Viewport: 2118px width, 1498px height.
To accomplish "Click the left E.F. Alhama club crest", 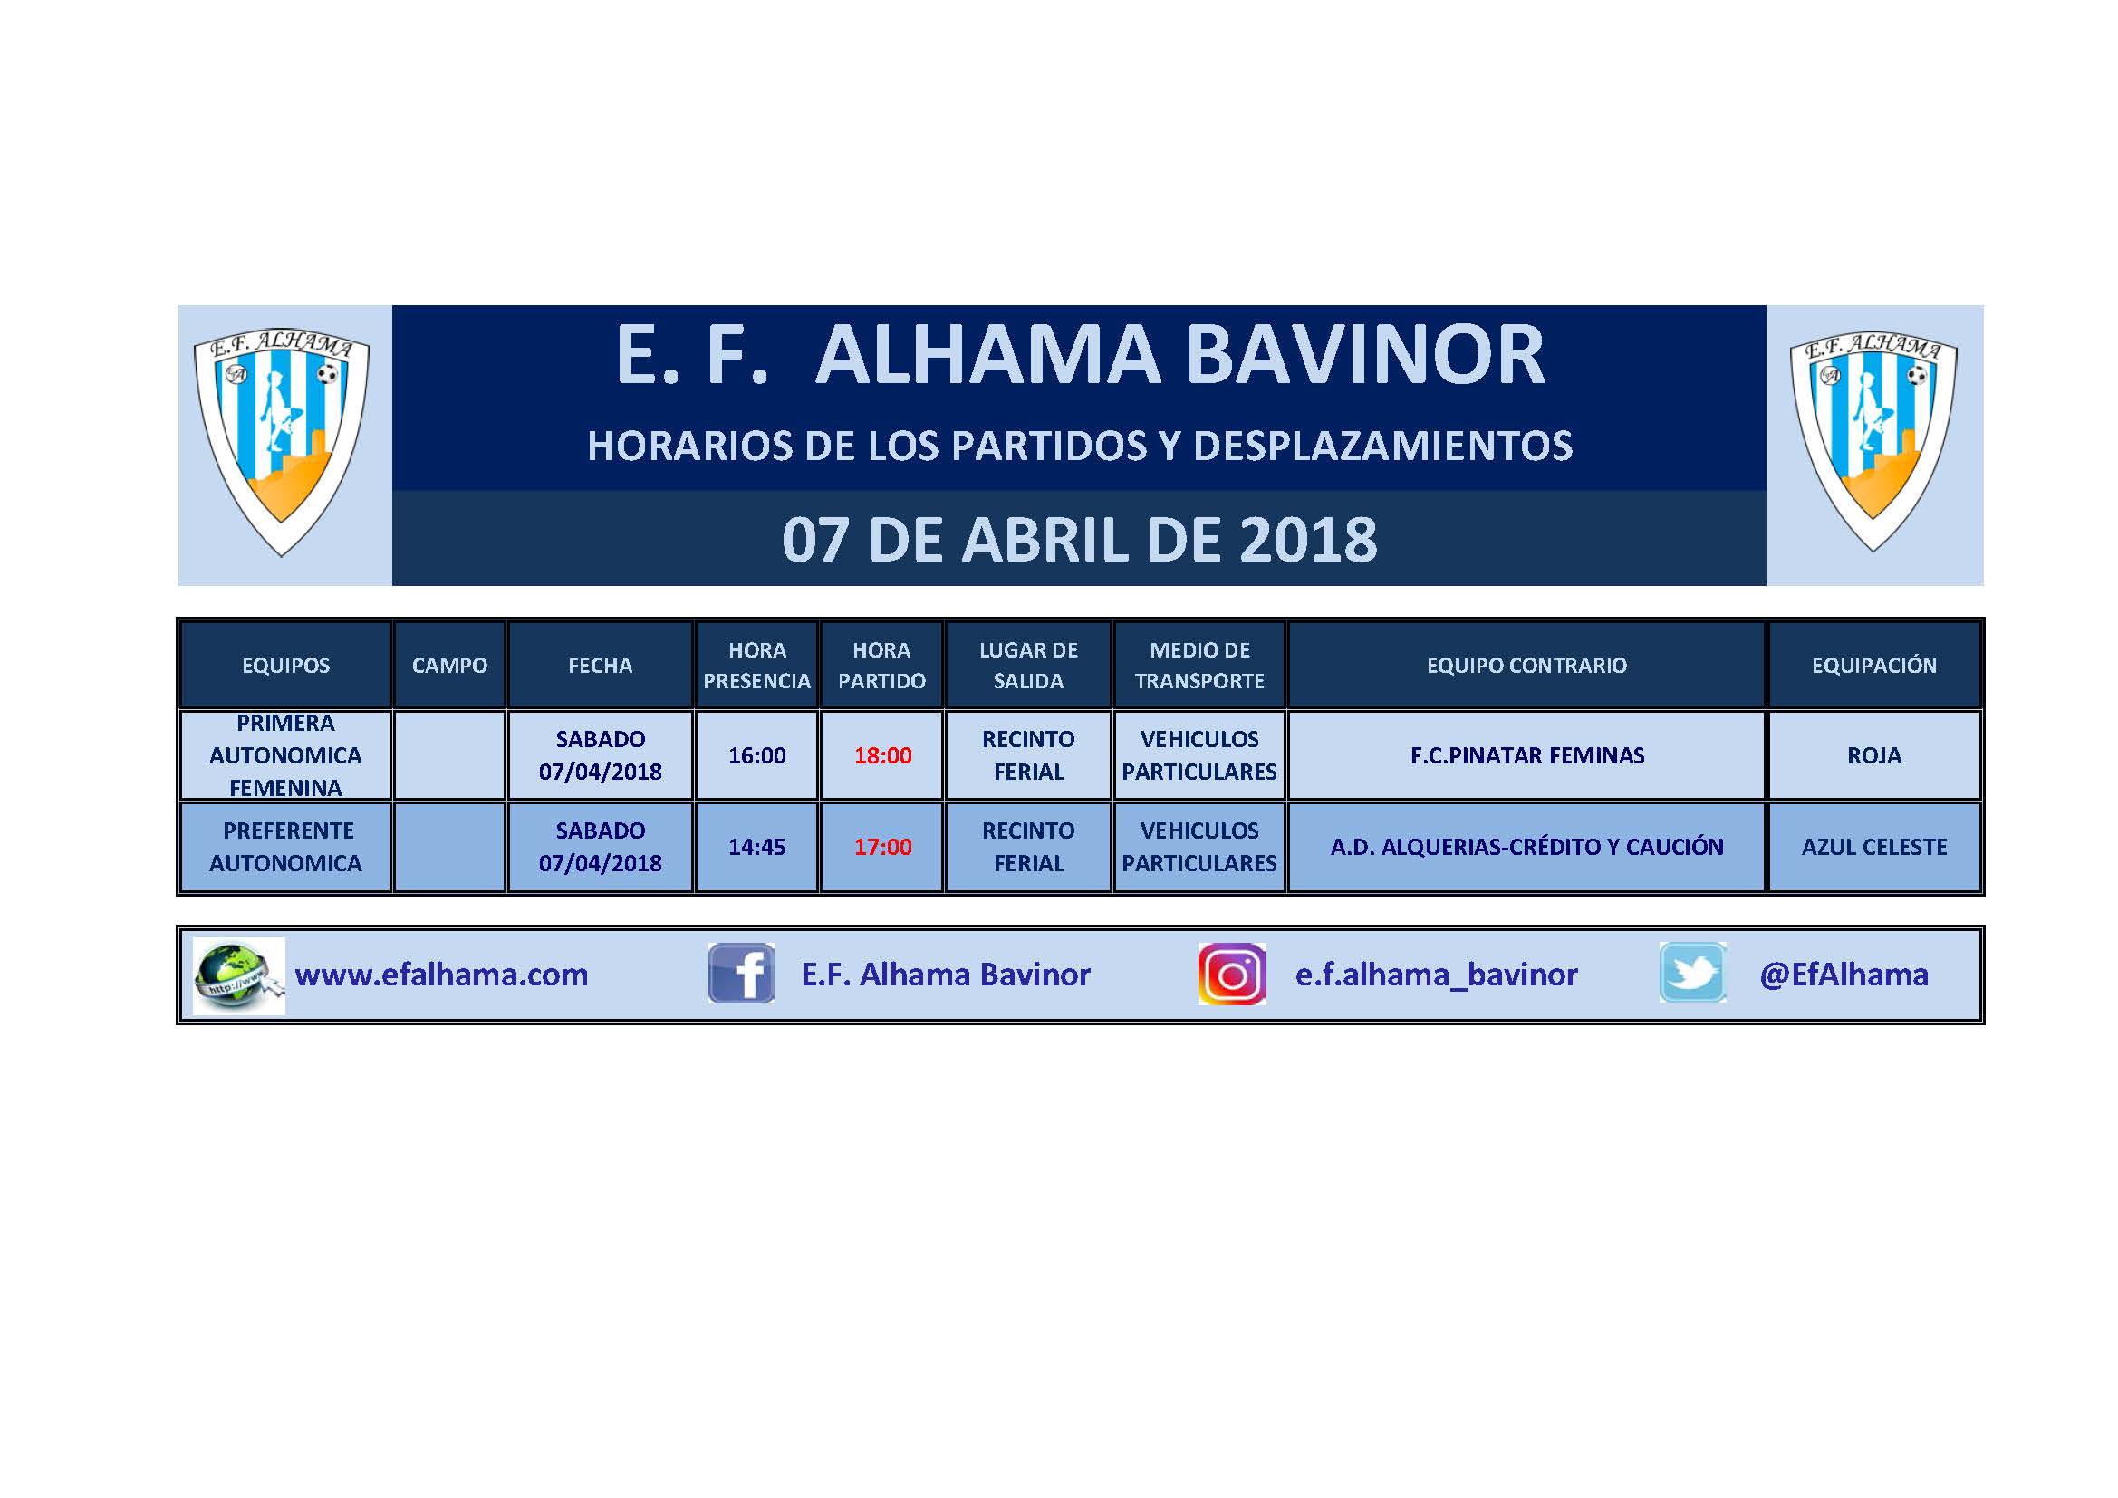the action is coord(282,443).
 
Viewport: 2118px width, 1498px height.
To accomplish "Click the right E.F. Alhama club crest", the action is coord(1873,441).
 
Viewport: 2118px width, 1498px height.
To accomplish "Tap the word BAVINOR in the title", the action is coord(1365,355).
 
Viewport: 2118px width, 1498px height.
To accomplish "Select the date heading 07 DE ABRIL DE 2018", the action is coord(1079,540).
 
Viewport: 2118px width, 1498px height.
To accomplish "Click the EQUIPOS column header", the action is coord(286,665).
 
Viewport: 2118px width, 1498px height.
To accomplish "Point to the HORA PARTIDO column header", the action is coord(881,665).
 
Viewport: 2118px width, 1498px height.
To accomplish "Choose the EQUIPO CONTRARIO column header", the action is coord(1526,665).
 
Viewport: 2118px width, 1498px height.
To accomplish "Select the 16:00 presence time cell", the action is coord(757,755).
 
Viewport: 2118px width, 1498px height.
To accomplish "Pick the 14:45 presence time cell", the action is coord(757,847).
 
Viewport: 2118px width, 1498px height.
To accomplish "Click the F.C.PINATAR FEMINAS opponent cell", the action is coord(1526,755).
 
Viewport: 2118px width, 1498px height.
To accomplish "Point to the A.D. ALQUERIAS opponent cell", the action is coord(1526,847).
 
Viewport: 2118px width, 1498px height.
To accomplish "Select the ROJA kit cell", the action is coord(1874,755).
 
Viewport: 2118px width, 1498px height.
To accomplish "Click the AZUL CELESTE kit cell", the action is coord(1874,847).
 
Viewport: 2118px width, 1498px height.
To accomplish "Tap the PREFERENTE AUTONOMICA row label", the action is coord(286,847).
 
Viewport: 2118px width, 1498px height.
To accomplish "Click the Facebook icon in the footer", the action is coord(741,973).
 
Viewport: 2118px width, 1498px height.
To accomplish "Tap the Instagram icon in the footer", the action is coord(1231,973).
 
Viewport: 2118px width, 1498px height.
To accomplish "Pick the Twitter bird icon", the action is coord(1693,972).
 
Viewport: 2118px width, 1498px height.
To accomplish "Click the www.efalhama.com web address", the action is coord(441,975).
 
